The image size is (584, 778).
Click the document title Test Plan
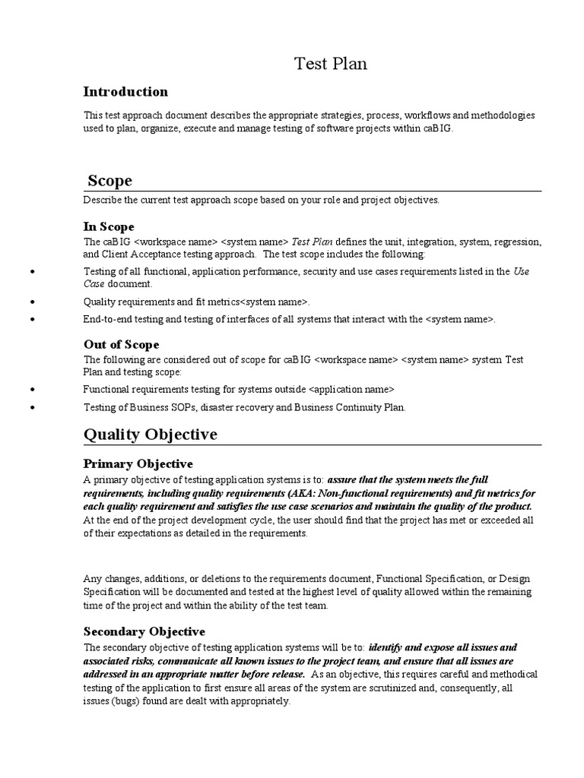tap(331, 65)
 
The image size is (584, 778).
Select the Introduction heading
tap(125, 92)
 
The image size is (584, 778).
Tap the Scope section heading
tap(109, 181)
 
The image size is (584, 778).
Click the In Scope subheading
tap(109, 226)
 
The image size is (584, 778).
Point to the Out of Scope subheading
tap(121, 345)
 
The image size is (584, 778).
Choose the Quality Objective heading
tap(150, 435)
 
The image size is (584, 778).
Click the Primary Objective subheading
tap(138, 463)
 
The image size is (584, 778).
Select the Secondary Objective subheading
tap(144, 631)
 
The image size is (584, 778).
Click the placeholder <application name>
tap(353, 389)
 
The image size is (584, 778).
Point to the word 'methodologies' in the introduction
tap(502, 115)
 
